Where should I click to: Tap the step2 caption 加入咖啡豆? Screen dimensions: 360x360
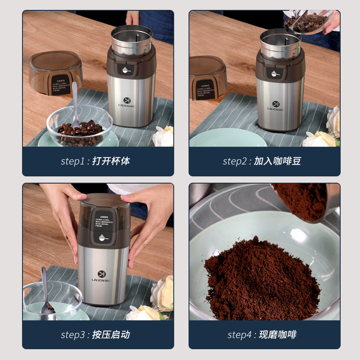pyautogui.click(x=277, y=161)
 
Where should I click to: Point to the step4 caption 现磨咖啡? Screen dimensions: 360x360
pyautogui.click(x=277, y=335)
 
